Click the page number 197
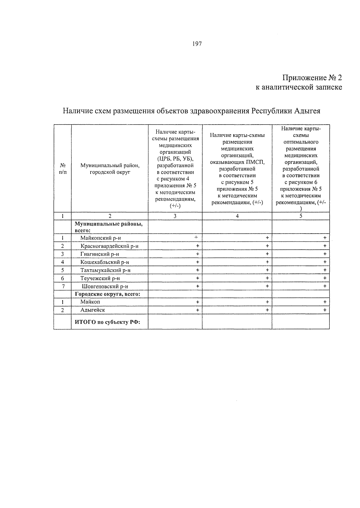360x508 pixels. [x=197, y=44]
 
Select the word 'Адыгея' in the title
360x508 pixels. [x=307, y=111]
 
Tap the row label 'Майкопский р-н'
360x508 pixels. [x=100, y=238]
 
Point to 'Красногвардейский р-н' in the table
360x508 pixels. [x=109, y=246]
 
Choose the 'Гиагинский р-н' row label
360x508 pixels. [x=100, y=254]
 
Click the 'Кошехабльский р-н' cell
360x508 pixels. [x=104, y=262]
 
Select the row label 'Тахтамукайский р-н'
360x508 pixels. [x=105, y=270]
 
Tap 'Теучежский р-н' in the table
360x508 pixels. [x=100, y=278]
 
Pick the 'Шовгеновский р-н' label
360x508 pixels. [x=103, y=286]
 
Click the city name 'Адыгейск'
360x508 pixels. [x=92, y=310]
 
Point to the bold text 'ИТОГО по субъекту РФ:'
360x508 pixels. [x=107, y=322]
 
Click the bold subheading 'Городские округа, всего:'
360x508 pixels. [x=107, y=294]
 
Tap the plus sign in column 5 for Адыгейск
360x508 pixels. [x=325, y=310]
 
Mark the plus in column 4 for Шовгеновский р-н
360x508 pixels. [x=267, y=286]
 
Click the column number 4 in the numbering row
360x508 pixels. [x=237, y=216]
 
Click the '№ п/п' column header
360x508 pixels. [x=62, y=169]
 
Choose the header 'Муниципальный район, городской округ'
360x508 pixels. [x=110, y=169]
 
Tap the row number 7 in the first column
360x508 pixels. [x=63, y=286]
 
